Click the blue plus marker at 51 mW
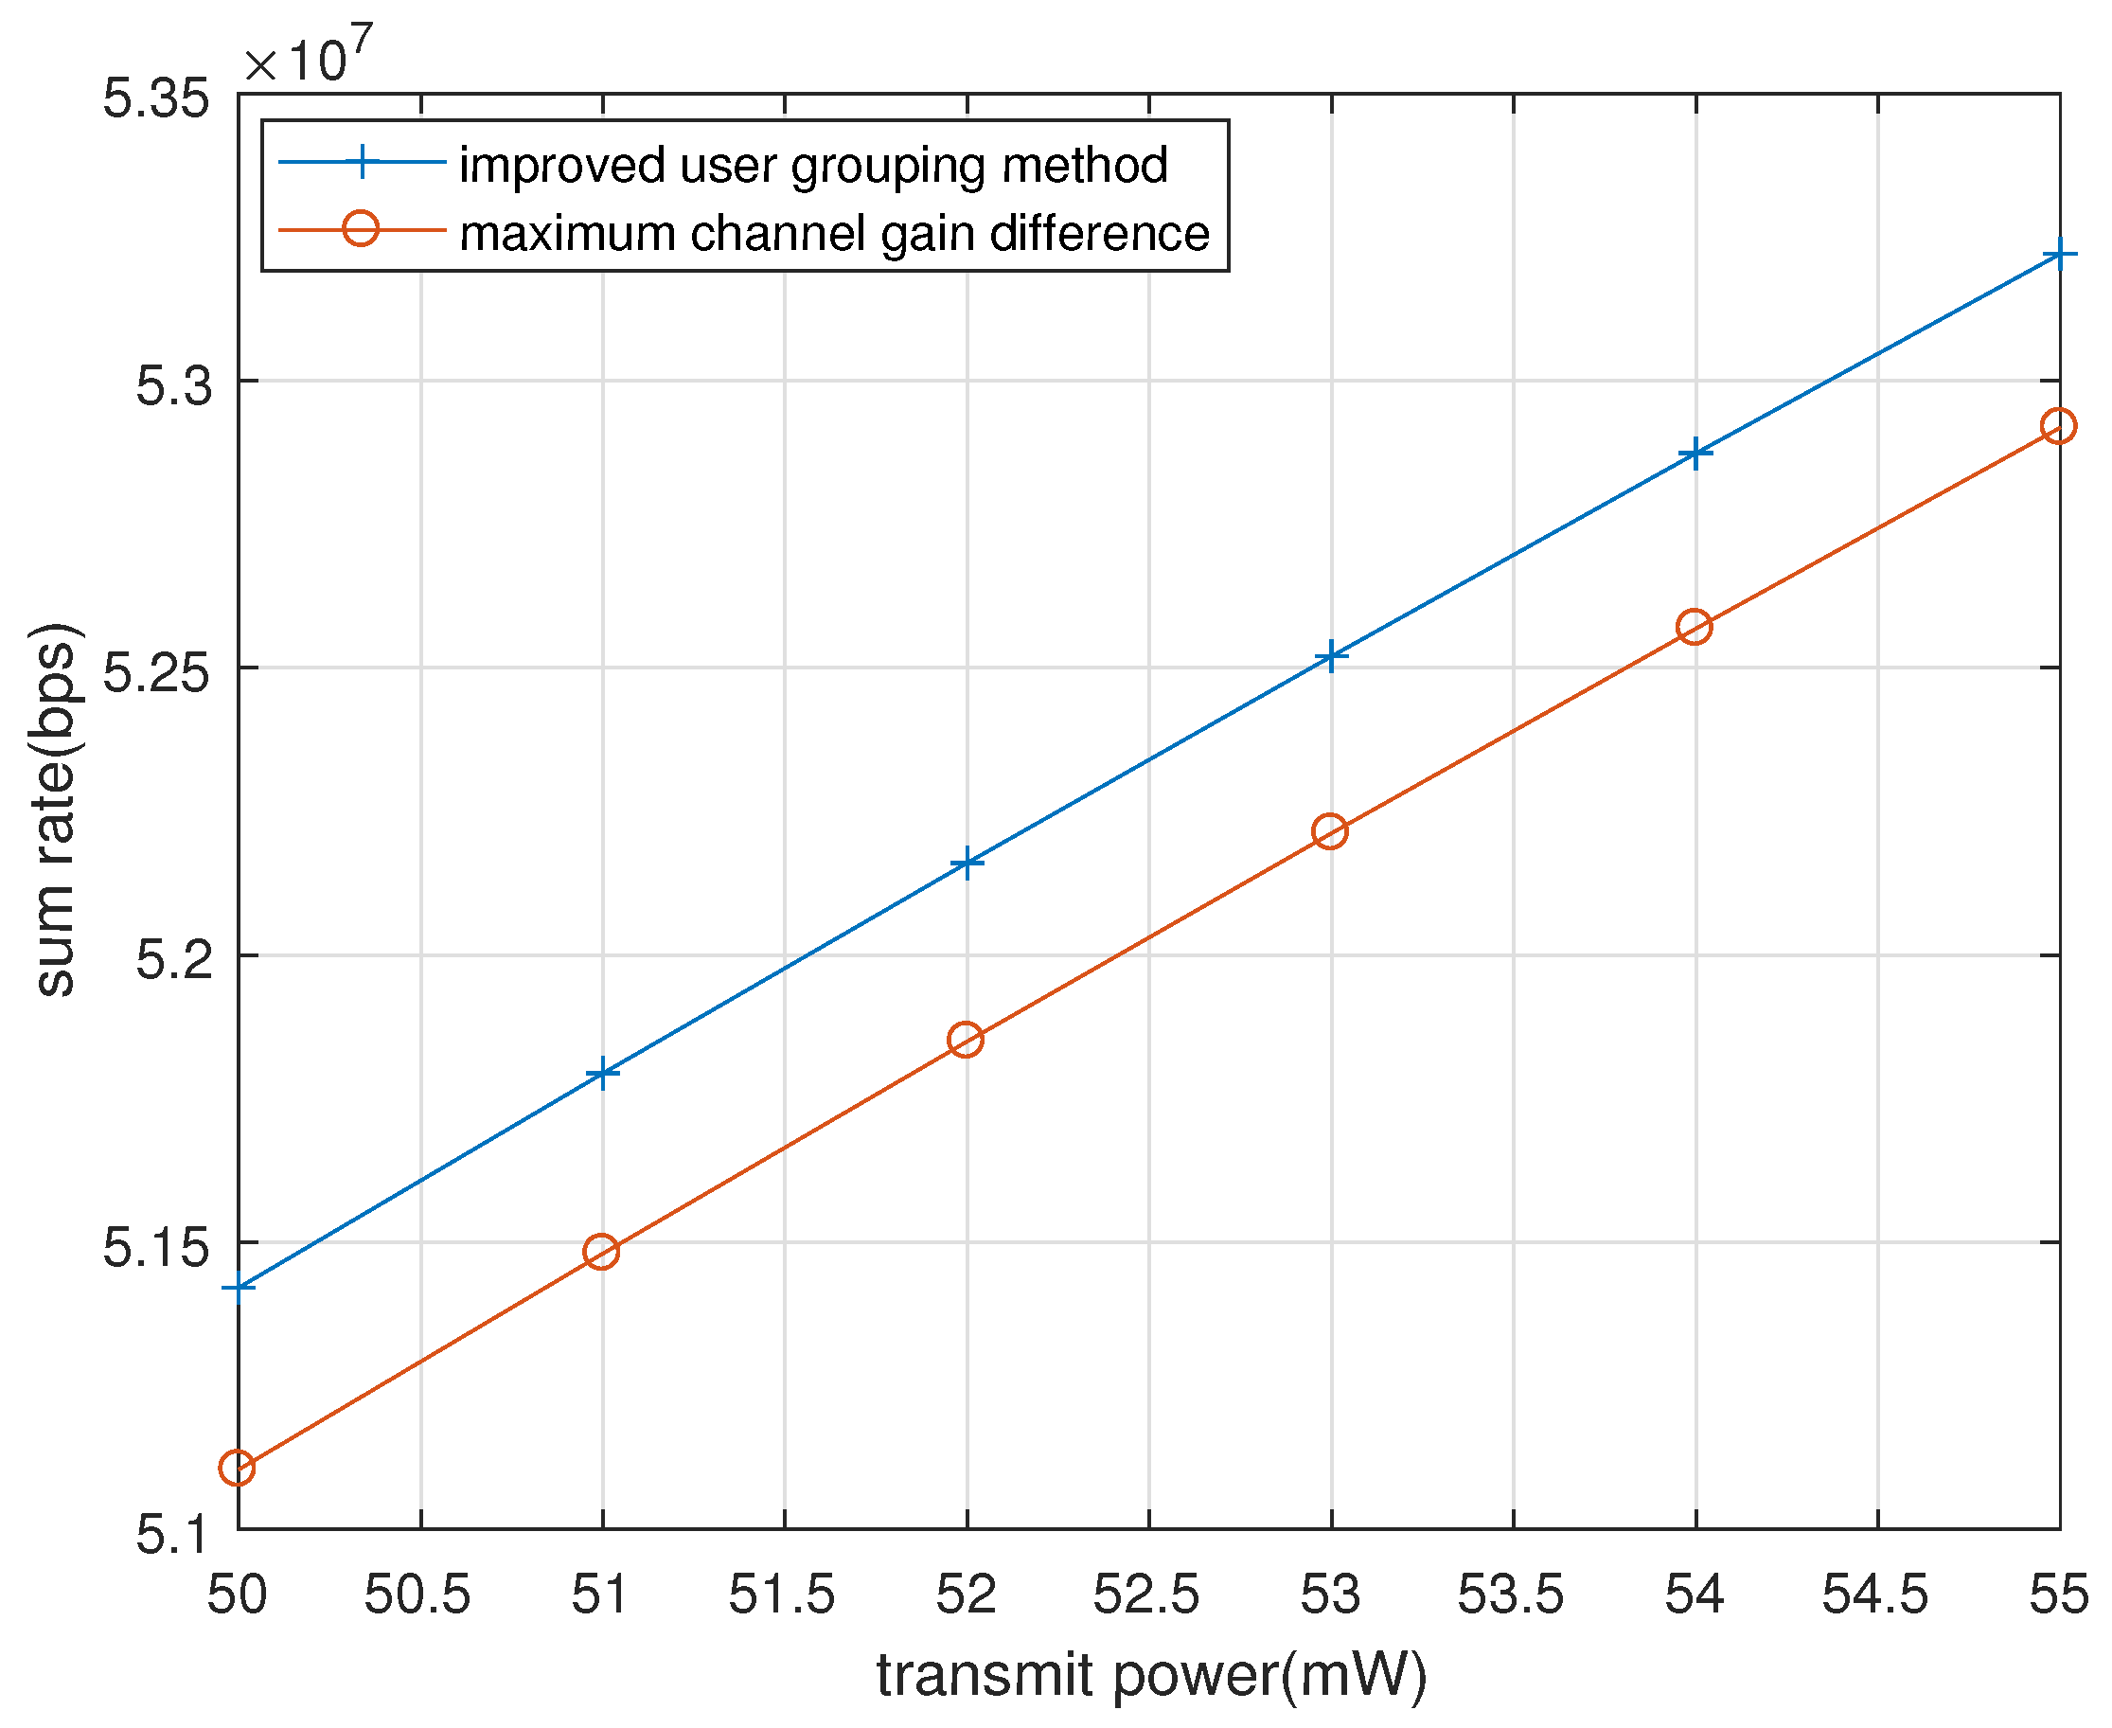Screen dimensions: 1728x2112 pos(602,1074)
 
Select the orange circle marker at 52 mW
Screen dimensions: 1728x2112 pos(966,1041)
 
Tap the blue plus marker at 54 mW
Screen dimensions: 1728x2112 pos(1695,454)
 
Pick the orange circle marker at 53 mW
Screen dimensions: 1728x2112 pos(1330,831)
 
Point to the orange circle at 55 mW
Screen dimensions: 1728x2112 pos(2058,426)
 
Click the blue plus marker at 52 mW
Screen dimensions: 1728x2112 pos(967,863)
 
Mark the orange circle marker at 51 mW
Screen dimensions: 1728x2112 pos(601,1251)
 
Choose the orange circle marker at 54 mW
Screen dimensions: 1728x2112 pos(1694,627)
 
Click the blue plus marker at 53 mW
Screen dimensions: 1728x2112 pos(1331,657)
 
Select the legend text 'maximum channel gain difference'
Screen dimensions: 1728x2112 pos(834,233)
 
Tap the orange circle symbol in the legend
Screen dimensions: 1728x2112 pos(361,229)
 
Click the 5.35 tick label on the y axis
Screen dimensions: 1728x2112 pos(156,99)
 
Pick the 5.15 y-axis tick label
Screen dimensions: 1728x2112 pos(156,1247)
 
